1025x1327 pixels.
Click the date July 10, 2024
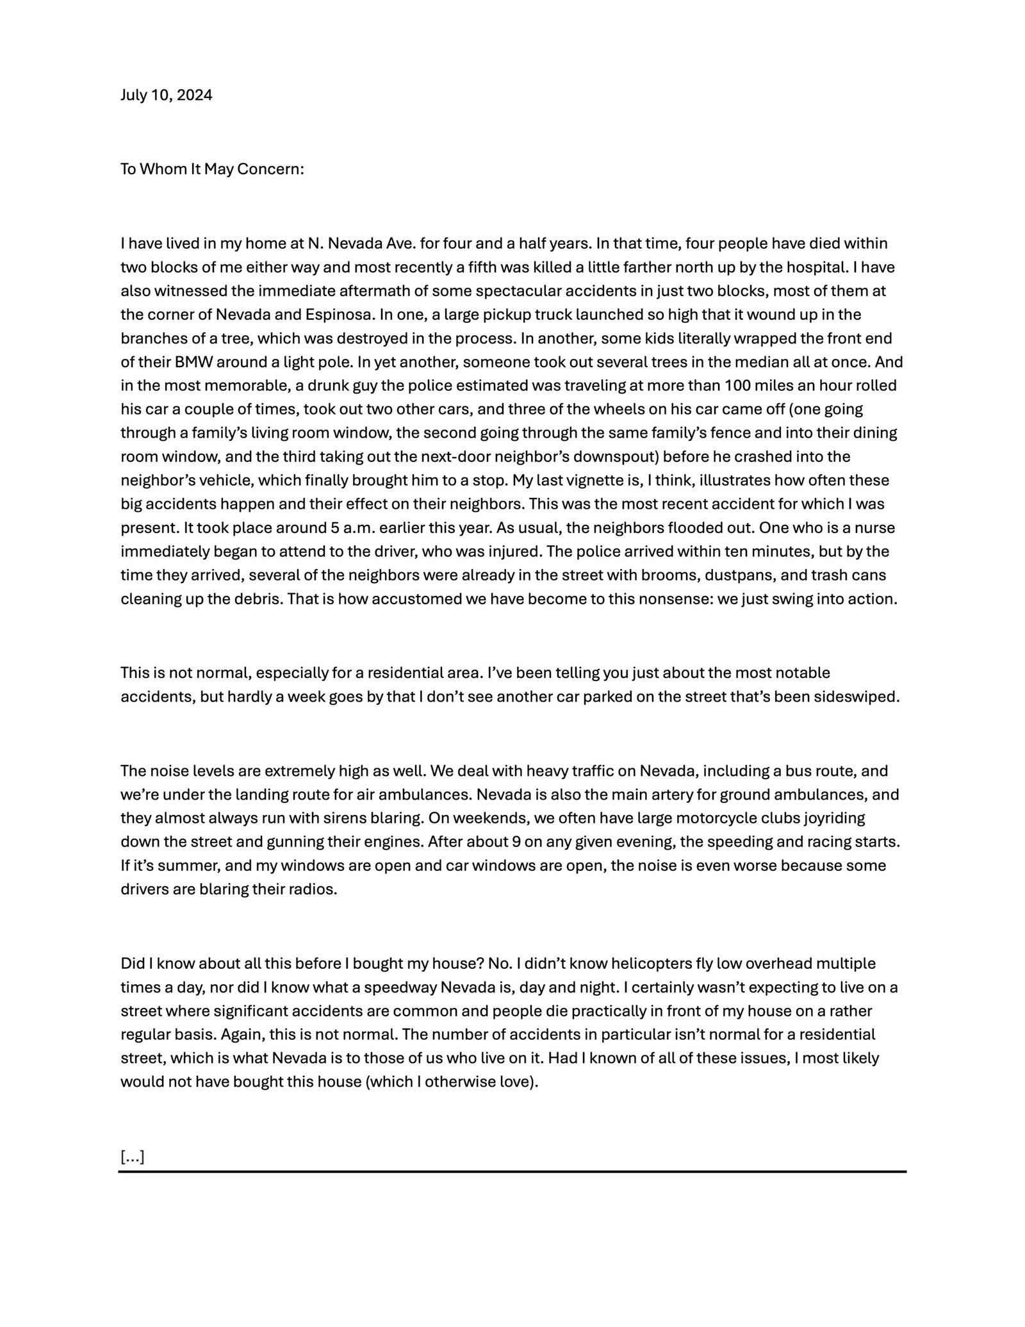[167, 95]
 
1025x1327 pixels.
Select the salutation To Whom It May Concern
[212, 170]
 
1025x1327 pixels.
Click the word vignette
[611, 481]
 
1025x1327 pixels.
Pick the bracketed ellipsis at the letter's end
[133, 1157]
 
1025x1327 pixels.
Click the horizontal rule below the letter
[512, 1172]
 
